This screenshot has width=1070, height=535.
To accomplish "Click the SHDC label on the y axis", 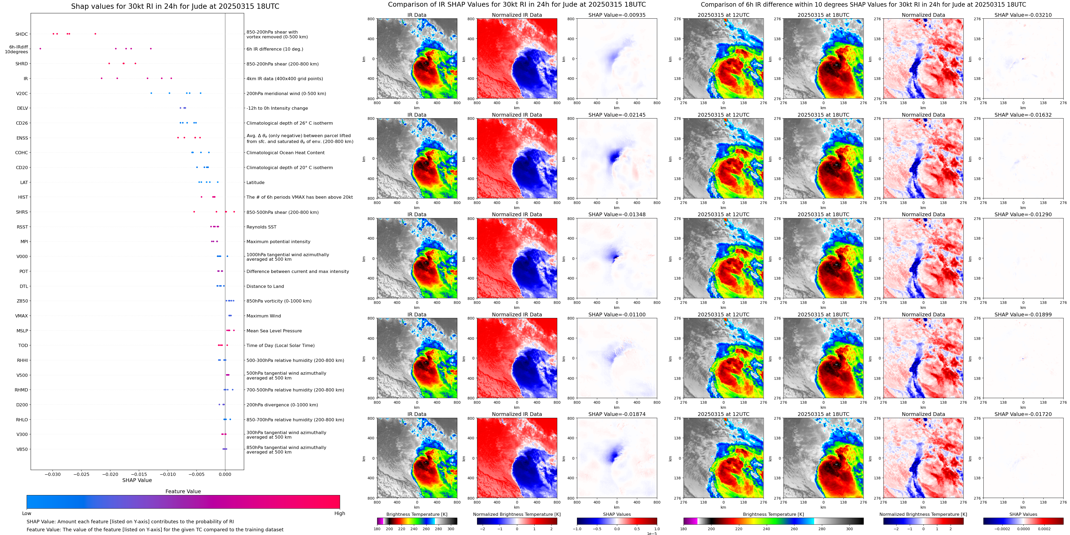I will pyautogui.click(x=22, y=34).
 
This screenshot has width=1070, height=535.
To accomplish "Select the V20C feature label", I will pyautogui.click(x=22, y=94).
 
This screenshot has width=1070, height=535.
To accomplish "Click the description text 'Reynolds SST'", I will pyautogui.click(x=261, y=227).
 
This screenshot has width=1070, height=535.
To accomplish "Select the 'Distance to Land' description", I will pyautogui.click(x=265, y=286).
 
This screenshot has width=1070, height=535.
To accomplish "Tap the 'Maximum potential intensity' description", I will pyautogui.click(x=278, y=242).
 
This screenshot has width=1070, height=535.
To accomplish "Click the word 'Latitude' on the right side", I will pyautogui.click(x=256, y=183).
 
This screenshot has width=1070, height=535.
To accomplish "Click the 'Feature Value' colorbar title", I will pyautogui.click(x=183, y=491).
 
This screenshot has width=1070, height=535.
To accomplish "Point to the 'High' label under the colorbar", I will pyautogui.click(x=340, y=513).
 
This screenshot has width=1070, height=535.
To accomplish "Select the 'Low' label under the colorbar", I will pyautogui.click(x=27, y=513).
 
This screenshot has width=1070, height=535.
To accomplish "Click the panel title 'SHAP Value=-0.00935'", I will pyautogui.click(x=617, y=15).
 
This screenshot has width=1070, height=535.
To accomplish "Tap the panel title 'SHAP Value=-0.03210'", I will pyautogui.click(x=1023, y=15).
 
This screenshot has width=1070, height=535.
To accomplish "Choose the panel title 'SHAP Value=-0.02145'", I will pyautogui.click(x=617, y=115).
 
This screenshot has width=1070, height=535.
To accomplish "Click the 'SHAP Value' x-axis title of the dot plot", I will pyautogui.click(x=137, y=480).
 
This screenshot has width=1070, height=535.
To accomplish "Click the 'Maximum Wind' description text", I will pyautogui.click(x=264, y=316).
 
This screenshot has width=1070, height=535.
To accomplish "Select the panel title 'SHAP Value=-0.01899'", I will pyautogui.click(x=1023, y=315).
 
